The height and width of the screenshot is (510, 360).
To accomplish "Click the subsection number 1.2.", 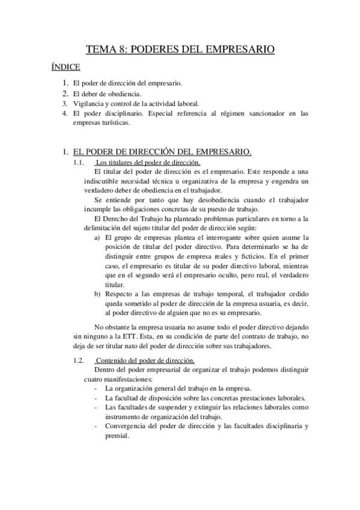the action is (78, 360).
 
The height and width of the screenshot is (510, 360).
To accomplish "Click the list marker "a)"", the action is (97, 238).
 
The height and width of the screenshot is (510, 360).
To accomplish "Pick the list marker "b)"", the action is (97, 294).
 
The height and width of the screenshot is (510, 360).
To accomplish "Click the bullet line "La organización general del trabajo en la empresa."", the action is (178, 389).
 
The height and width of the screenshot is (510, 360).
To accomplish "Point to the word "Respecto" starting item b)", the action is (119, 294).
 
